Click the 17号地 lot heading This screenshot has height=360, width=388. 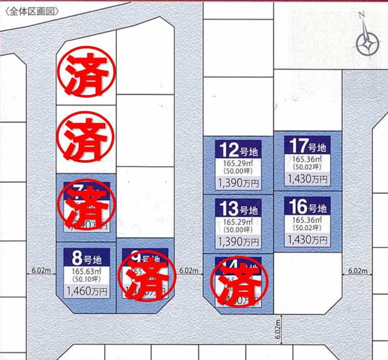pos(307,147)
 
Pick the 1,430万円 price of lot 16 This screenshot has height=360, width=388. pos(307,238)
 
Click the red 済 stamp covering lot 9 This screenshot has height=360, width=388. pos(146,279)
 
